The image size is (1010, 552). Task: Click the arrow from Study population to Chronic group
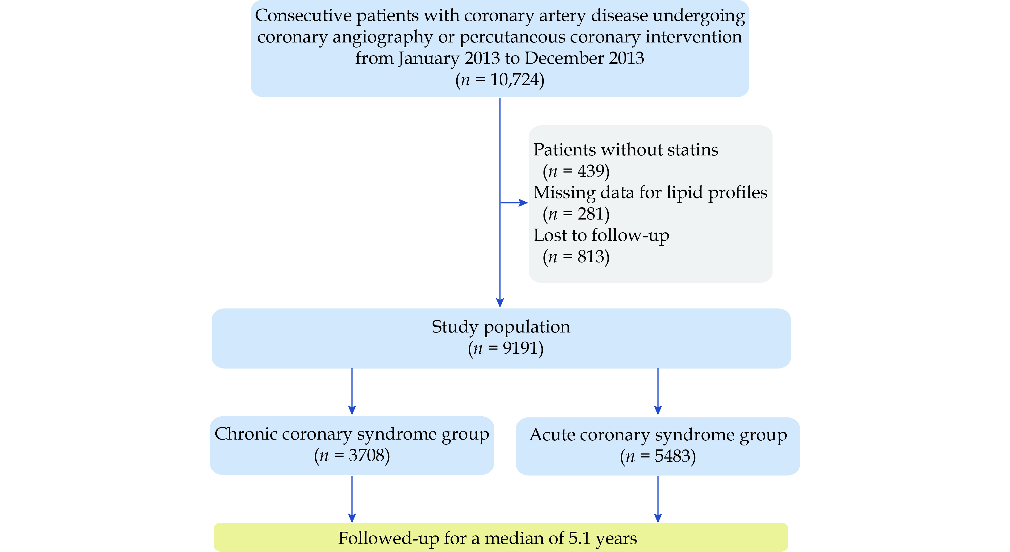tap(352, 392)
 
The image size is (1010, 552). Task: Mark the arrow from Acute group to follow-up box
tap(658, 499)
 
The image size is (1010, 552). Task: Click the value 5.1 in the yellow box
tap(580, 538)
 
